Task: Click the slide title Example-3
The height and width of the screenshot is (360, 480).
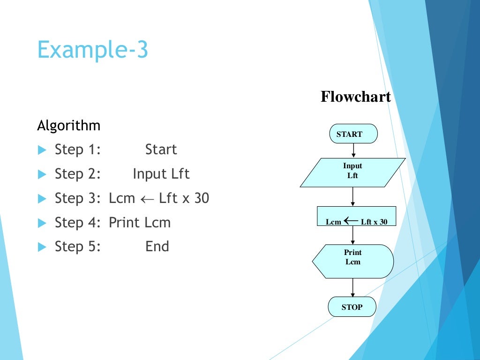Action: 92,49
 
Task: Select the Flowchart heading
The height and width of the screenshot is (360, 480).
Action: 355,97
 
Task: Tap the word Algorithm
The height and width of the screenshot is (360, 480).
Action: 68,126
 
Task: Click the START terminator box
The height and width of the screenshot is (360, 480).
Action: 353,134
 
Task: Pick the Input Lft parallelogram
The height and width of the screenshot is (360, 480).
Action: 352,172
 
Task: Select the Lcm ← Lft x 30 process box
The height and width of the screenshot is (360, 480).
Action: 356,216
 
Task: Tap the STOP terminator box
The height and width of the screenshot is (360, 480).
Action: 352,307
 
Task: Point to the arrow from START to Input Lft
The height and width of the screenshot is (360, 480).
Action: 353,150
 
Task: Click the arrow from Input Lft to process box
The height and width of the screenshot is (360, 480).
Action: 352,196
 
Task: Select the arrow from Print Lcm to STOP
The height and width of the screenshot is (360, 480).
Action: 352,287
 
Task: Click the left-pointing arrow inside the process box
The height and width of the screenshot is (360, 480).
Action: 351,221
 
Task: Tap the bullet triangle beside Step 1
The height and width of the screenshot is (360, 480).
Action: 42,150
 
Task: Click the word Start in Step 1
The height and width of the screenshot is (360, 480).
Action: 161,150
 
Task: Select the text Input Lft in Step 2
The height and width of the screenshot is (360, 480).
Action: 161,174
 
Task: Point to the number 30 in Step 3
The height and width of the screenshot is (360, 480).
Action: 201,198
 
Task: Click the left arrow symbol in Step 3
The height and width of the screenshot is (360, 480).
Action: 147,199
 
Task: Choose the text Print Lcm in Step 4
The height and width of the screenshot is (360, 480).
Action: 140,223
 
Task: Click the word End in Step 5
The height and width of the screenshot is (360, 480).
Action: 157,247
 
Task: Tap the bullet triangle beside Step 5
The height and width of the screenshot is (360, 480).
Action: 42,247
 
